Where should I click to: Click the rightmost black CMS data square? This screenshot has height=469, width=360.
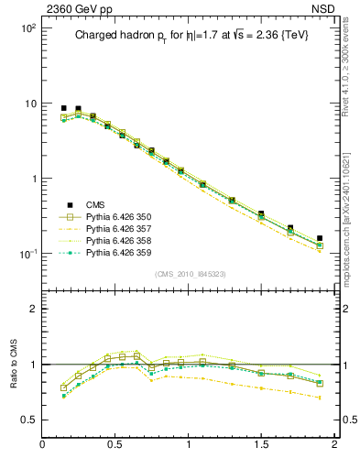320,238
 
